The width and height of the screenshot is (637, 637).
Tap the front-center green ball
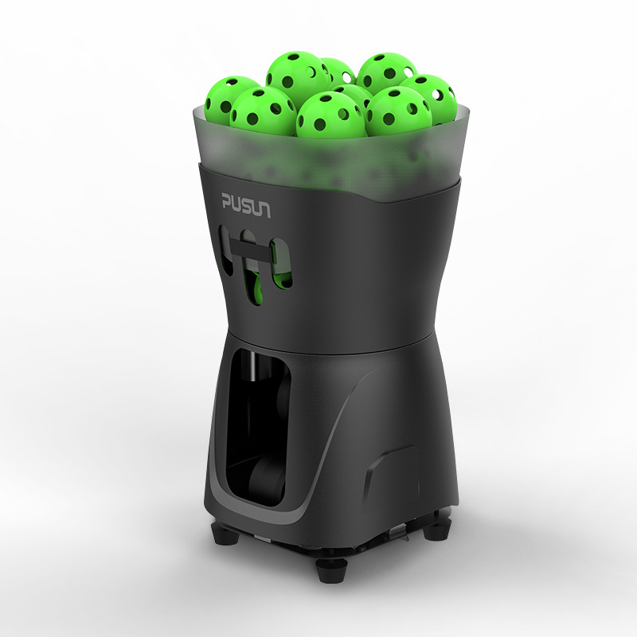(x=330, y=115)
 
